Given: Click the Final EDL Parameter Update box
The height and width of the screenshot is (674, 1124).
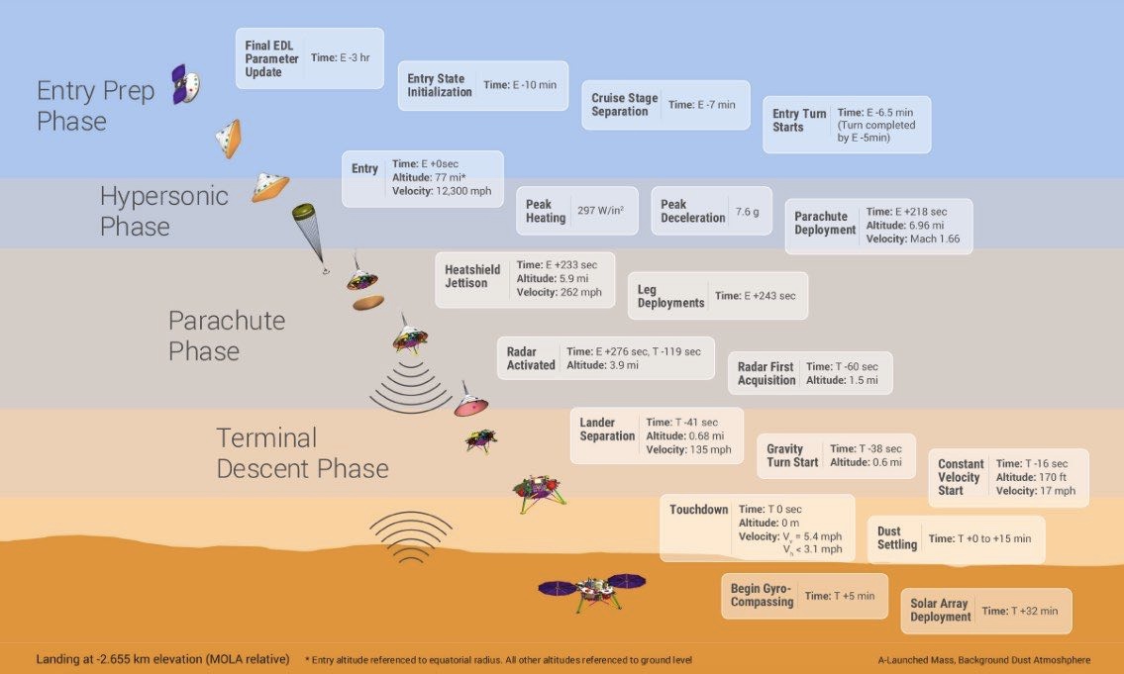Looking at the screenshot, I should pyautogui.click(x=309, y=58).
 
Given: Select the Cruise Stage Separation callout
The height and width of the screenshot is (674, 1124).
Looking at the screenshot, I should pyautogui.click(x=664, y=105).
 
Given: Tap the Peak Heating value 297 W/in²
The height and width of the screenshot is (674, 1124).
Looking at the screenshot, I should pyautogui.click(x=600, y=211).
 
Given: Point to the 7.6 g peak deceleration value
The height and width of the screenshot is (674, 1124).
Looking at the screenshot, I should pyautogui.click(x=747, y=211).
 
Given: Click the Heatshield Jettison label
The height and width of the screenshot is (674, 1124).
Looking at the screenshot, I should pyautogui.click(x=466, y=276).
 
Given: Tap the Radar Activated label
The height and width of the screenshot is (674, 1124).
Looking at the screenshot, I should pyautogui.click(x=531, y=358).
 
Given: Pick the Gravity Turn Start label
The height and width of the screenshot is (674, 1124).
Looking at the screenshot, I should pyautogui.click(x=792, y=455).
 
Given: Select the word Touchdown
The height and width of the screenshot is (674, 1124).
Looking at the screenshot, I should pyautogui.click(x=698, y=510).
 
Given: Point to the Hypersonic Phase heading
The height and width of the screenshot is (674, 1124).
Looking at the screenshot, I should pyautogui.click(x=163, y=211).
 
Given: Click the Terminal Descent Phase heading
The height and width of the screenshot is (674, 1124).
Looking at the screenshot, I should pyautogui.click(x=302, y=452).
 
